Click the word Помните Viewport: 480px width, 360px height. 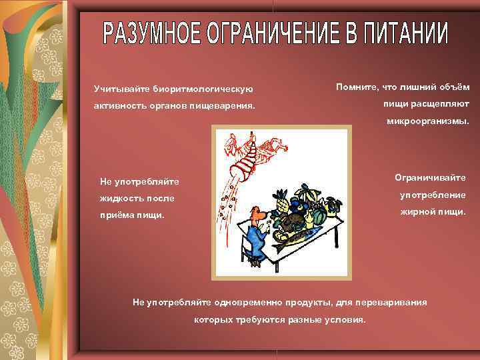pos(357,87)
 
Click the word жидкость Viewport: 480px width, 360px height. pos(121,198)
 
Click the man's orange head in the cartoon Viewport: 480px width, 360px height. pos(257,211)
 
